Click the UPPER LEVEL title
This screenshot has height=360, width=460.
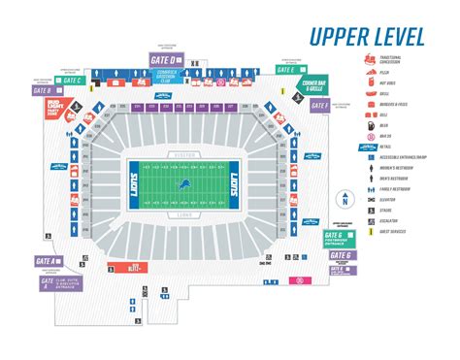click(x=366, y=38)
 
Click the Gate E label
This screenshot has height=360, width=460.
click(x=287, y=70)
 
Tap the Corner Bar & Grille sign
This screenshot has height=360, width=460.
click(x=313, y=86)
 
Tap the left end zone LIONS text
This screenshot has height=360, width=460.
click(x=122, y=173)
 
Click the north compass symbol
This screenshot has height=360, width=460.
click(x=342, y=200)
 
